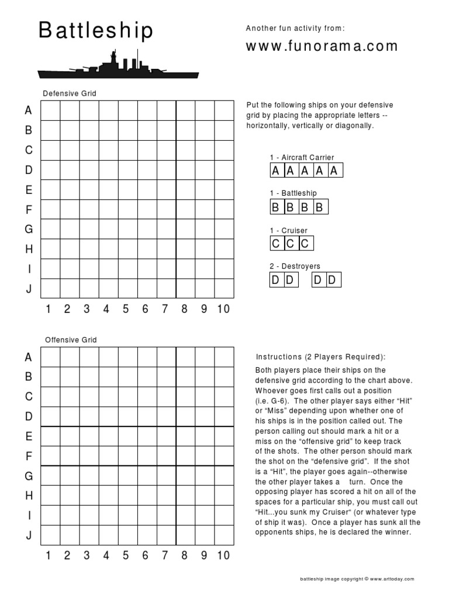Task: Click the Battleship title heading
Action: point(96,32)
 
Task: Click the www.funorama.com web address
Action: point(322,46)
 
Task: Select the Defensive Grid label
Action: point(70,93)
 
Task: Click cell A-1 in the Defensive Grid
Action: point(50,110)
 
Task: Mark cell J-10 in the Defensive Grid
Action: point(224,288)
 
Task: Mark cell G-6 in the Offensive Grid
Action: point(146,475)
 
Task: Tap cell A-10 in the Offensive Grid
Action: point(224,357)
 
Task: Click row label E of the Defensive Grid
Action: point(28,190)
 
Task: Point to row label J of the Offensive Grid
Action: point(28,536)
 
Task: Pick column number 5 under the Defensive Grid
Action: point(126,310)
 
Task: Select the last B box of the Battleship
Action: point(319,207)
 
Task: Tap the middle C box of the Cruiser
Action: point(291,244)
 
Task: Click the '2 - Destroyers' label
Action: point(295,266)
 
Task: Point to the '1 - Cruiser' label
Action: point(288,231)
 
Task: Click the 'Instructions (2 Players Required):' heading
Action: point(321,357)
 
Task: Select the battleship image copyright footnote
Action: point(357,579)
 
